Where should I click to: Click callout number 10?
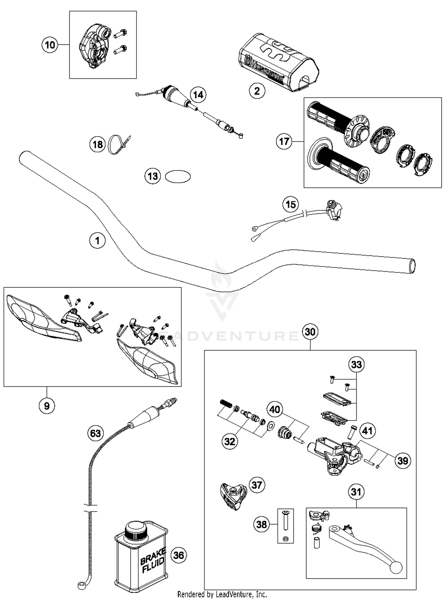coord(50,45)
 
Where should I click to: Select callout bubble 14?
coord(198,95)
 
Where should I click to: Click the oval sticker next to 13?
coord(178,177)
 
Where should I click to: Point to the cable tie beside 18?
coord(119,145)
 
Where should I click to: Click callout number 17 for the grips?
coord(284,141)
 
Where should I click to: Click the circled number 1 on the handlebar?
coord(97,240)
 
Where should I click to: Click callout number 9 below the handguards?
coord(47,405)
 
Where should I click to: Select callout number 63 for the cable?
coord(95,433)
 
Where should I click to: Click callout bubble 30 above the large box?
coord(310,332)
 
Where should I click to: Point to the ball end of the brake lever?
coord(396,567)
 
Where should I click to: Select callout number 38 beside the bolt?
coord(261,524)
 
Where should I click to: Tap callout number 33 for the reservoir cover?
coord(356,364)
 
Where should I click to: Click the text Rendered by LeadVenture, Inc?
coord(222,594)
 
